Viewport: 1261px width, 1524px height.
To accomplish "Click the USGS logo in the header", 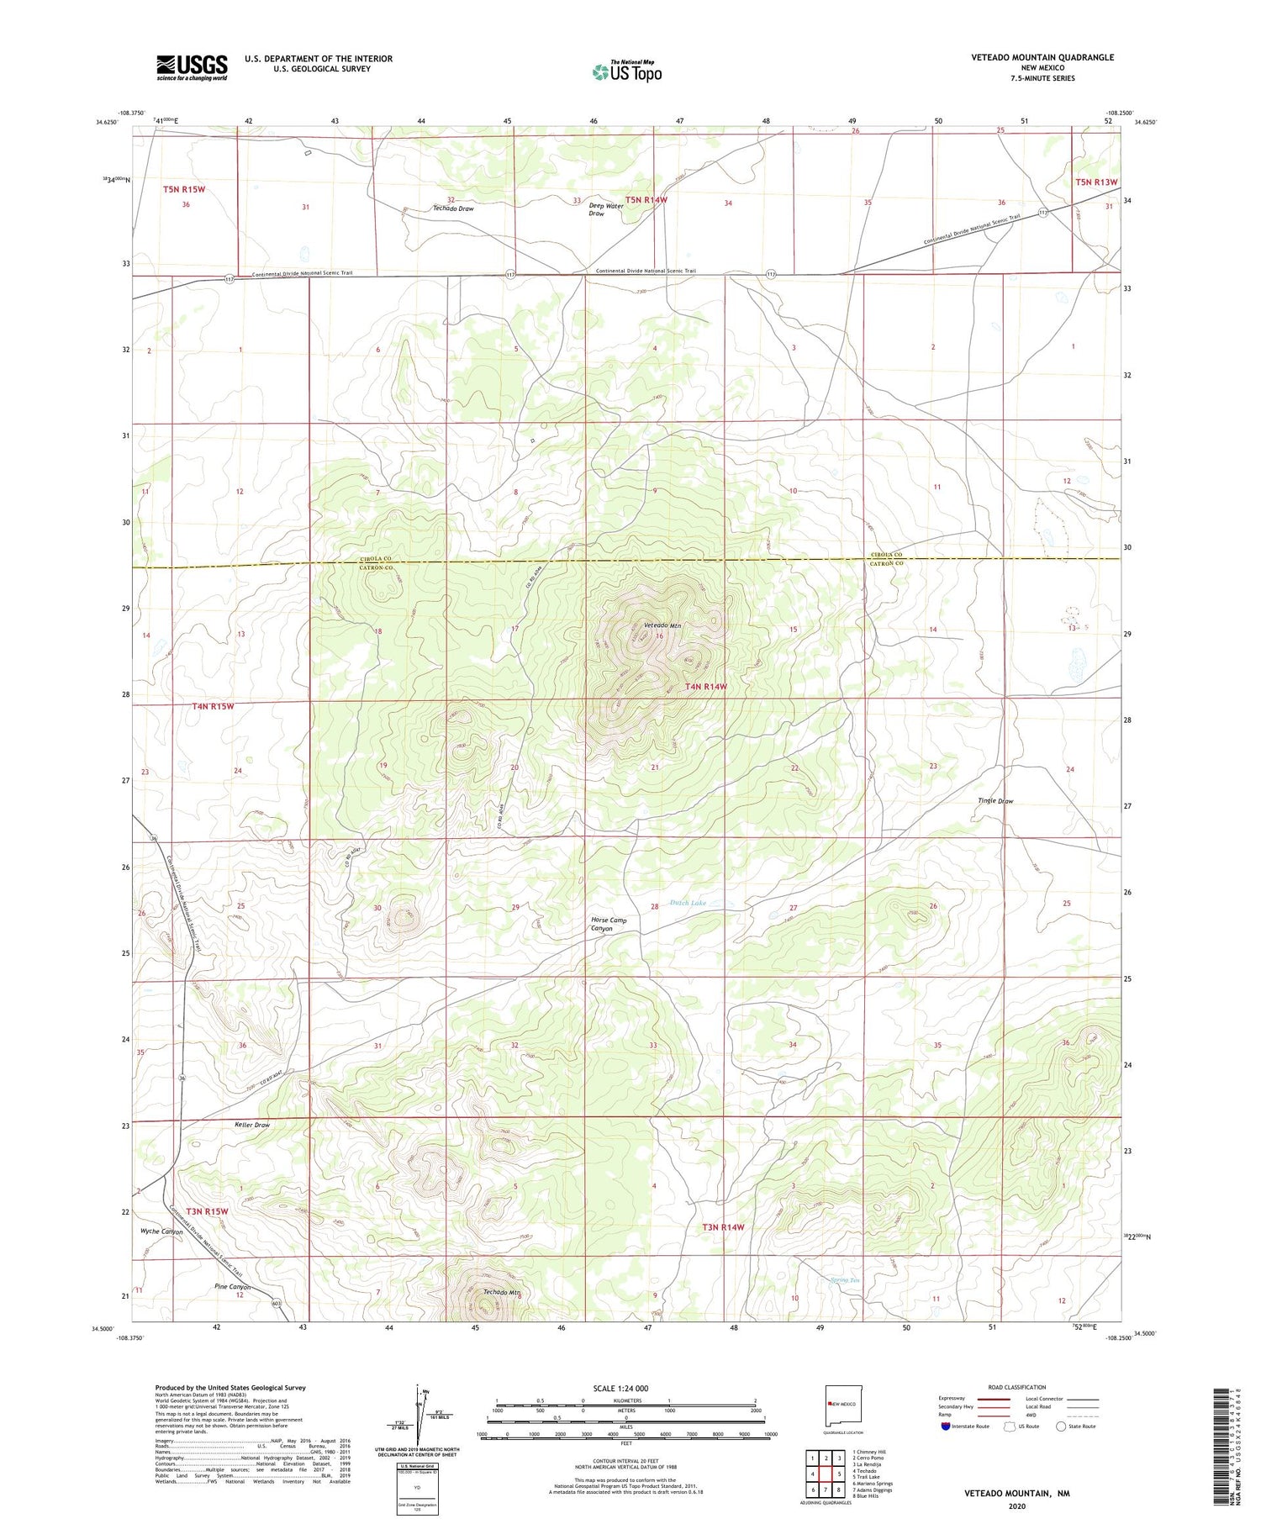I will (x=192, y=67).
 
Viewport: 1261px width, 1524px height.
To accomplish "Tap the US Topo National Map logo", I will (x=626, y=71).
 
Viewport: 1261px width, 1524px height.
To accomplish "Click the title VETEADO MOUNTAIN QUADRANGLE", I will (x=1042, y=57).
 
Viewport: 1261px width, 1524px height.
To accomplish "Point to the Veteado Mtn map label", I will (x=662, y=625).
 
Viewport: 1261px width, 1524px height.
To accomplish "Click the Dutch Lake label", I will (x=688, y=903).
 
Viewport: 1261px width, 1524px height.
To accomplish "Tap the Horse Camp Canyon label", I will (x=609, y=925).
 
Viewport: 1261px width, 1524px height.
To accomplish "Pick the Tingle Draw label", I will (x=995, y=801).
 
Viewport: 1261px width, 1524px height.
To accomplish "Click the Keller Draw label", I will (x=252, y=1125).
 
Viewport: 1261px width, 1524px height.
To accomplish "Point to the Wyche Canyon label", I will (x=161, y=1231).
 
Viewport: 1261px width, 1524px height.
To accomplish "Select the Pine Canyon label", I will (x=232, y=1287).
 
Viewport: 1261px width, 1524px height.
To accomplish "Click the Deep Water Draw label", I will (x=605, y=209).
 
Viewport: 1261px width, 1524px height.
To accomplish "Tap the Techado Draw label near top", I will (x=453, y=208).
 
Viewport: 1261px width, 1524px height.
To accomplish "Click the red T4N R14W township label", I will (x=705, y=687).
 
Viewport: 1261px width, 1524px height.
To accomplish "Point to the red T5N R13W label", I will (x=1096, y=182).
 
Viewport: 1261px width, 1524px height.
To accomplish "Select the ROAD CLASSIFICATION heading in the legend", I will (x=1016, y=1387).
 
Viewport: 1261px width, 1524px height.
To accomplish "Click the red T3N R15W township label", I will (x=207, y=1211).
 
